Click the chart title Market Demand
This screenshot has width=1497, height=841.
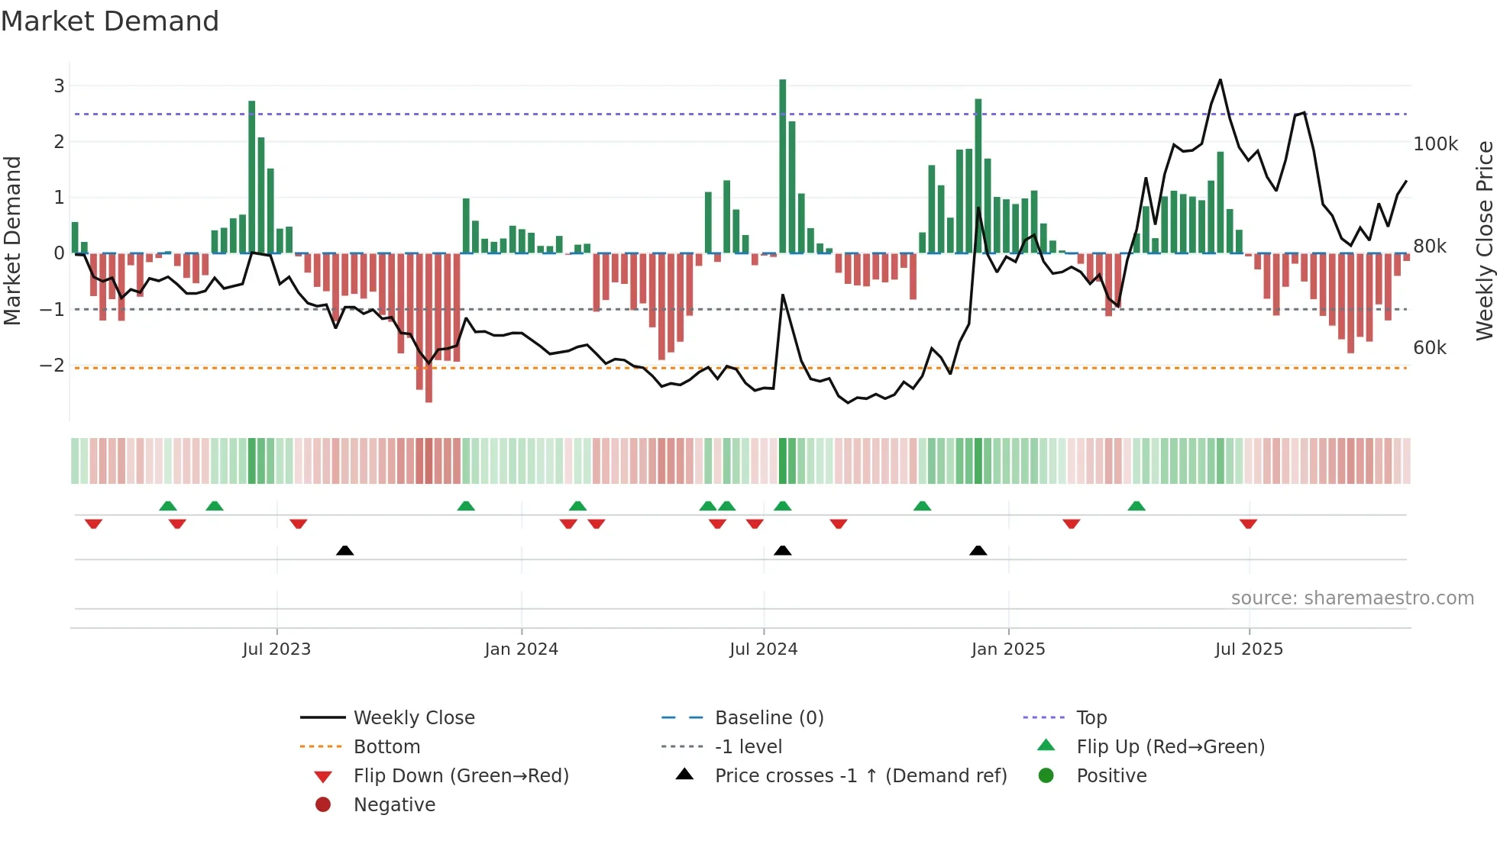pyautogui.click(x=110, y=21)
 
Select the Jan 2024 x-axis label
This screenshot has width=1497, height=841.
pyautogui.click(x=521, y=649)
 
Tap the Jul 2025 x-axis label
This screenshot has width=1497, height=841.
pyautogui.click(x=1249, y=649)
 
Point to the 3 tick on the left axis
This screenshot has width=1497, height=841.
pyautogui.click(x=59, y=85)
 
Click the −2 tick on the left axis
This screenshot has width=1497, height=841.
pyautogui.click(x=53, y=365)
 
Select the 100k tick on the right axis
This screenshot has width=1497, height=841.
pyautogui.click(x=1435, y=144)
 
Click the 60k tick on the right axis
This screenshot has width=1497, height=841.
pyautogui.click(x=1429, y=348)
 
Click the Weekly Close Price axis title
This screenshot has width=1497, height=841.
pyautogui.click(x=1484, y=240)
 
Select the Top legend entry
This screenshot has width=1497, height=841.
pyautogui.click(x=1091, y=718)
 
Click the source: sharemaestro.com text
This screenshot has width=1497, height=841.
pyautogui.click(x=1352, y=598)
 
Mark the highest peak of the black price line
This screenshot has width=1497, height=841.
pyautogui.click(x=1220, y=80)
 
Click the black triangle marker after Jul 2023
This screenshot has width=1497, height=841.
pyautogui.click(x=344, y=550)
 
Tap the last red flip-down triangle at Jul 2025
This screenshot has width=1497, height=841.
pyautogui.click(x=1248, y=524)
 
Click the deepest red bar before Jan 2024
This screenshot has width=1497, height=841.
pyautogui.click(x=428, y=328)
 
